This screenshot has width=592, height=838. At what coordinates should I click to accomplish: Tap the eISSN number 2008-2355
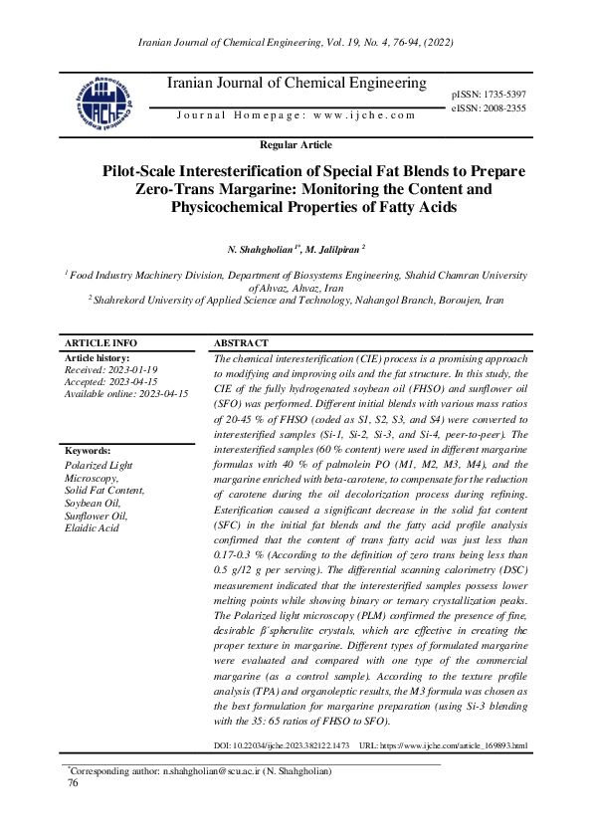tap(503, 106)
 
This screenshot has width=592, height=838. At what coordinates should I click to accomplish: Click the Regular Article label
tap(296, 145)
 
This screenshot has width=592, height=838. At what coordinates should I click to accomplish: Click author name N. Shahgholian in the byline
tap(261, 247)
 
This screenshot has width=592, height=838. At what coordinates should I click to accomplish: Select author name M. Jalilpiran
tap(332, 247)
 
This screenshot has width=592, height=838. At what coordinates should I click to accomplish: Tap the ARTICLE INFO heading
tap(100, 341)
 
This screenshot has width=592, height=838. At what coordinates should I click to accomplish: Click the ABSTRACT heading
tap(241, 341)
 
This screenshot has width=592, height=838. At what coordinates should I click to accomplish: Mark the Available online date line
tap(126, 394)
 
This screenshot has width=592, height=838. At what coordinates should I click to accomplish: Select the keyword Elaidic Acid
tap(92, 527)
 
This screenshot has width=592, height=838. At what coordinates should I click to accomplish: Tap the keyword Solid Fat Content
tap(104, 490)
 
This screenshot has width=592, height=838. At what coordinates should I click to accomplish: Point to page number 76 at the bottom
tap(72, 784)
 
